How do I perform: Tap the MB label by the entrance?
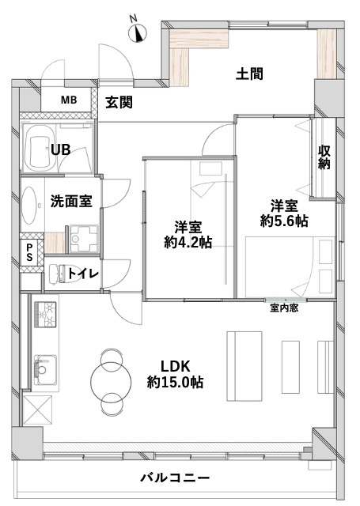[70, 100]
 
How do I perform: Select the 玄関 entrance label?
[119, 101]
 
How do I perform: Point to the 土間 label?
[250, 74]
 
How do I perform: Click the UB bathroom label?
[60, 150]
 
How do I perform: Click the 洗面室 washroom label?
[71, 201]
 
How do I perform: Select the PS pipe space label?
[29, 253]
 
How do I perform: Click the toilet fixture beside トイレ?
[56, 274]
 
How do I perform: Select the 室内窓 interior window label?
[283, 308]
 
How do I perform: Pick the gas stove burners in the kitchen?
[44, 315]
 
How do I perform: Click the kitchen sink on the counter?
[42, 366]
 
